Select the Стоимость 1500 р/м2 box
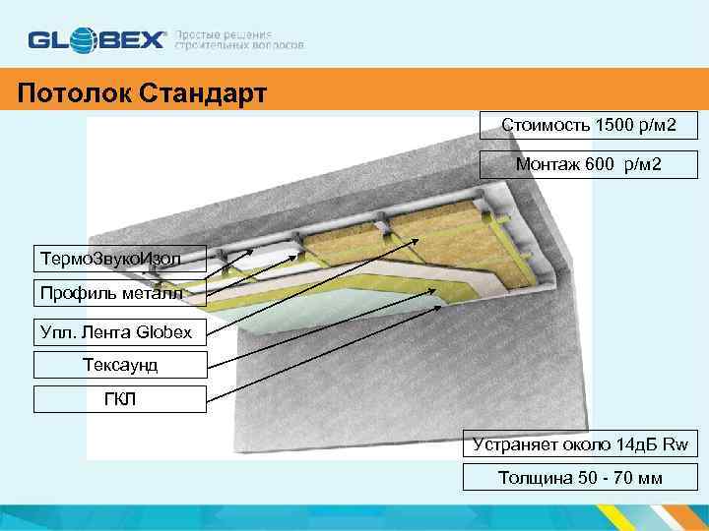(x=587, y=126)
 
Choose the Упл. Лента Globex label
(x=120, y=331)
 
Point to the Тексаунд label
(x=120, y=366)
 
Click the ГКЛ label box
(x=120, y=400)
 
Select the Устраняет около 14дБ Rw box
(x=580, y=443)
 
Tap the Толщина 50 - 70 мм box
(x=580, y=479)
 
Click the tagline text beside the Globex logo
(x=238, y=39)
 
